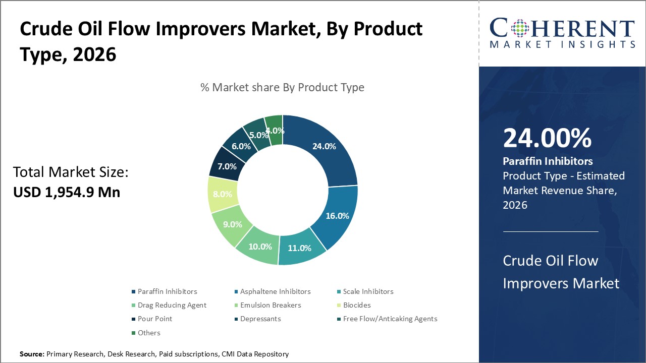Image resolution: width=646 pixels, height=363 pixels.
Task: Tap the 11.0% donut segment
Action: (300, 248)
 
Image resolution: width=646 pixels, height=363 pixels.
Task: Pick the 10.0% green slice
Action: (260, 246)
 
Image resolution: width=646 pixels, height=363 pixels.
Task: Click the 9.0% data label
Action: (233, 224)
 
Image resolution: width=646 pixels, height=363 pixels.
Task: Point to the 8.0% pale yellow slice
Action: (223, 194)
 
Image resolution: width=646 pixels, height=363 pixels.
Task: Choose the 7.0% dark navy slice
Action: (227, 165)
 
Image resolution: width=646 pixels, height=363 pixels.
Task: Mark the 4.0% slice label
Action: (275, 131)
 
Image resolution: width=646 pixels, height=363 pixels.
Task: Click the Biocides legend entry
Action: (357, 305)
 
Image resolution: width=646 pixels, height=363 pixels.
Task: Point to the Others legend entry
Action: (149, 333)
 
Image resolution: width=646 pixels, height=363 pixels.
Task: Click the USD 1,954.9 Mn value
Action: (67, 192)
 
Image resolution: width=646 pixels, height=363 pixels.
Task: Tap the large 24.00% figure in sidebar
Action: (547, 139)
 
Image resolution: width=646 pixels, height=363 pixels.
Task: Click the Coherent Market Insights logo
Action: (562, 33)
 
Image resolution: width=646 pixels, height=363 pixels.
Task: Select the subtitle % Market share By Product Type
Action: (282, 87)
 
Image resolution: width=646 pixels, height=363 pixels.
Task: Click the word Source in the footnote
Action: (32, 354)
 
